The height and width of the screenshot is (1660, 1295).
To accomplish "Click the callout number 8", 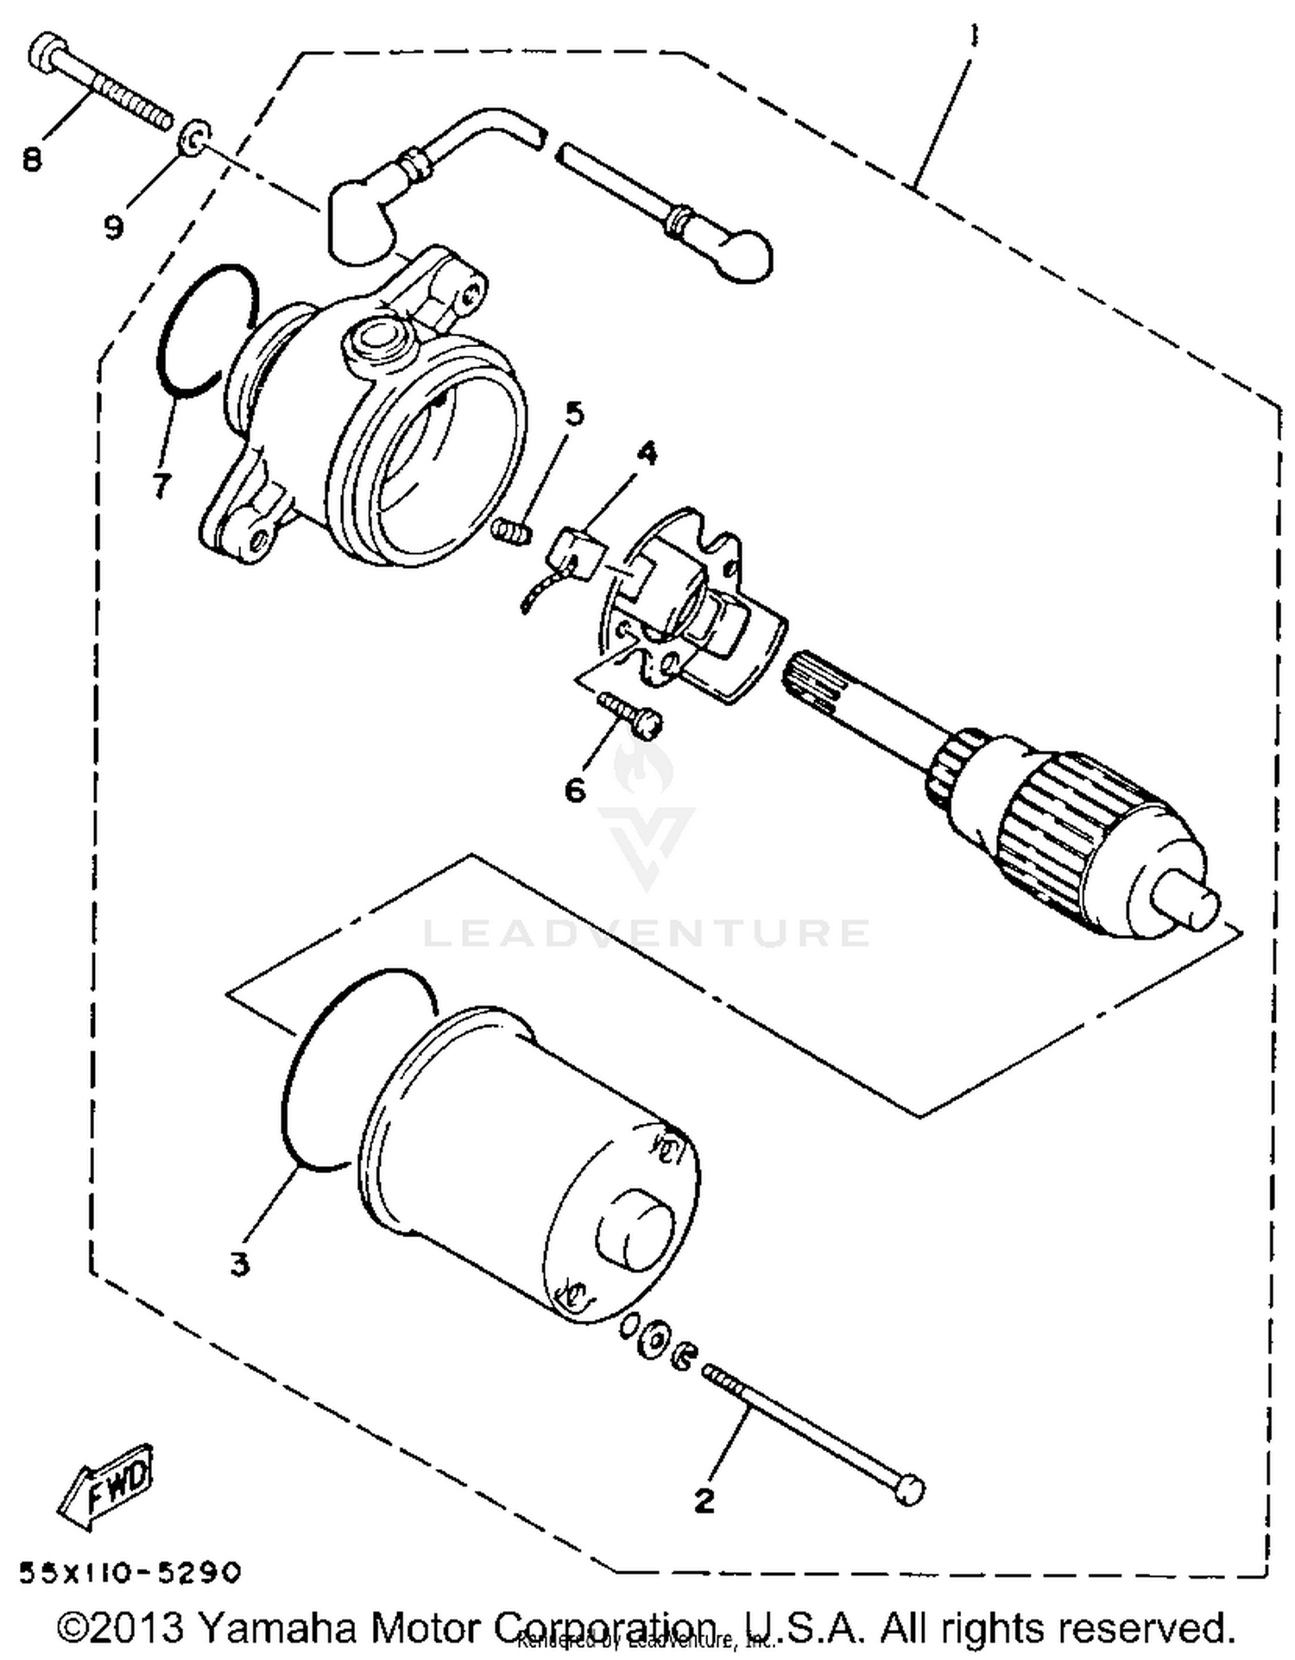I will (32, 159).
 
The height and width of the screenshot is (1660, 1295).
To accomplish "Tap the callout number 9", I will (114, 227).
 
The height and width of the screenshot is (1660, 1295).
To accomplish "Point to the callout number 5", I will (573, 414).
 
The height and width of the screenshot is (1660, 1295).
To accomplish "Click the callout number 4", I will (646, 452).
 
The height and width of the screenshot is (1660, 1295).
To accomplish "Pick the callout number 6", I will (575, 788).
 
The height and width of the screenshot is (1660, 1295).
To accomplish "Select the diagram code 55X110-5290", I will (129, 1573).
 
